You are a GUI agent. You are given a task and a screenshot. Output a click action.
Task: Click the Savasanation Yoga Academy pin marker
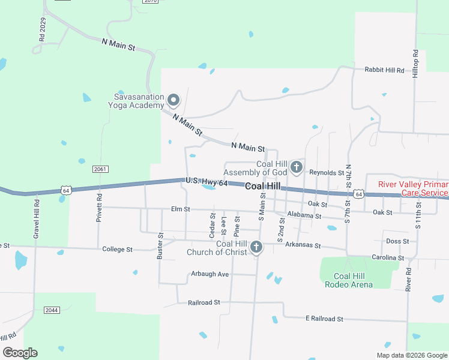click(173, 100)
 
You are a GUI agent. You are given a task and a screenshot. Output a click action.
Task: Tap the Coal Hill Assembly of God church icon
click(296, 167)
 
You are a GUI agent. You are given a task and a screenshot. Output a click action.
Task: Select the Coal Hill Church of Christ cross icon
click(256, 247)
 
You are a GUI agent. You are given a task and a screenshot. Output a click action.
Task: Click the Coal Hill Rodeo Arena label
click(354, 280)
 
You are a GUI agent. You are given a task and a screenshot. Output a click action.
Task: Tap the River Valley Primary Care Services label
click(413, 188)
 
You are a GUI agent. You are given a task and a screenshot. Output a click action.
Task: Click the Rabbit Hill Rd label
click(385, 70)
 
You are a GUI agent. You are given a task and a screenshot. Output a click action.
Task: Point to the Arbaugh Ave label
click(210, 274)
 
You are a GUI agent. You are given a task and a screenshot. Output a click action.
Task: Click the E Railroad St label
click(324, 319)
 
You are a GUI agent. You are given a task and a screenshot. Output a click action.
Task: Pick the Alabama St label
click(304, 215)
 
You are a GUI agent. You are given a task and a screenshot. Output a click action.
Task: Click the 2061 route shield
click(100, 169)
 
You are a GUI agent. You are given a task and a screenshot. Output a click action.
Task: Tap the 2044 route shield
click(52, 310)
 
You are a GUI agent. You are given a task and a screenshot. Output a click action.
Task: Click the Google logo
click(20, 353)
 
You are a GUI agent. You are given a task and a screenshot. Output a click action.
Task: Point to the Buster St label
click(160, 246)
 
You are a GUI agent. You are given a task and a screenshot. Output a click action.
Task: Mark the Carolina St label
click(387, 257)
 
